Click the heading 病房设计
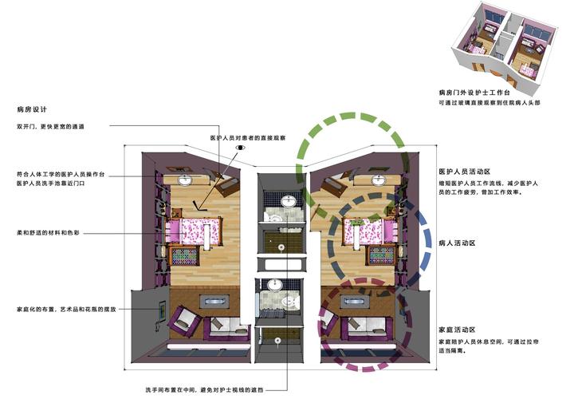[x=32, y=109]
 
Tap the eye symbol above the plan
[x=240, y=148]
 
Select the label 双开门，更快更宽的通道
[x=50, y=126]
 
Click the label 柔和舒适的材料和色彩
[x=48, y=233]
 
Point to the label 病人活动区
[x=458, y=243]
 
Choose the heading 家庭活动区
[x=458, y=330]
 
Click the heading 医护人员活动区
[x=465, y=172]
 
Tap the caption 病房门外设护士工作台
[x=474, y=93]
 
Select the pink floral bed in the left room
[x=194, y=231]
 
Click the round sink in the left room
[x=185, y=180]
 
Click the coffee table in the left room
[x=215, y=302]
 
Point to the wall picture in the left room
[x=162, y=311]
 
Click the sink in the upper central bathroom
[x=289, y=201]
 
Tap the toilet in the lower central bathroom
[x=289, y=302]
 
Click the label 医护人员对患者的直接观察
[x=248, y=138]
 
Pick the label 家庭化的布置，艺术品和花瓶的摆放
[x=66, y=310]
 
